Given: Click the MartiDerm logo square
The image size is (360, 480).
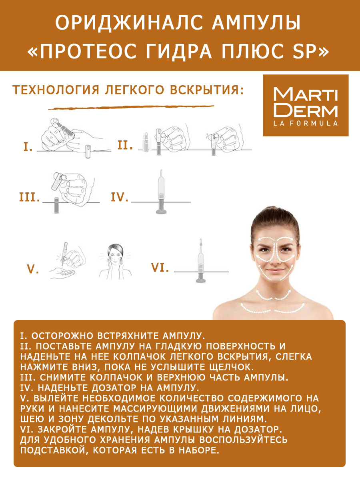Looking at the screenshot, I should click(306, 105).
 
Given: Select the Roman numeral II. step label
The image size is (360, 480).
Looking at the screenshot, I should click(125, 145).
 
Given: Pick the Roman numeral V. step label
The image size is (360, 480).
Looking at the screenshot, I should click(33, 270).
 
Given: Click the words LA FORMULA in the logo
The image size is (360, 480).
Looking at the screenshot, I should click(305, 123).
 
